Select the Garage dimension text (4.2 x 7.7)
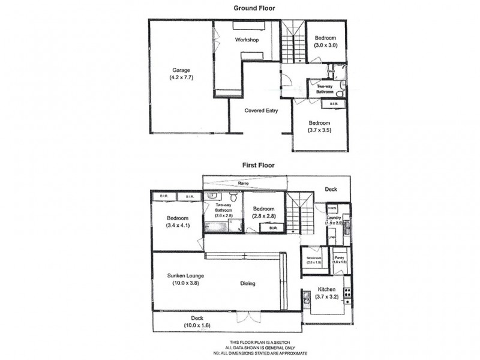point(182,77)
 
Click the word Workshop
point(246,40)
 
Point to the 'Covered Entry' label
point(260,110)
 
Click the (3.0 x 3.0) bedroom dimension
point(326,45)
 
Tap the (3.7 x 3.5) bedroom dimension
point(320,130)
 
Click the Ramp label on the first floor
point(244,182)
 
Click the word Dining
point(247,284)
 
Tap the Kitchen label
point(326,289)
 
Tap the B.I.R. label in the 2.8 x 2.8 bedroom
point(272,228)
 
